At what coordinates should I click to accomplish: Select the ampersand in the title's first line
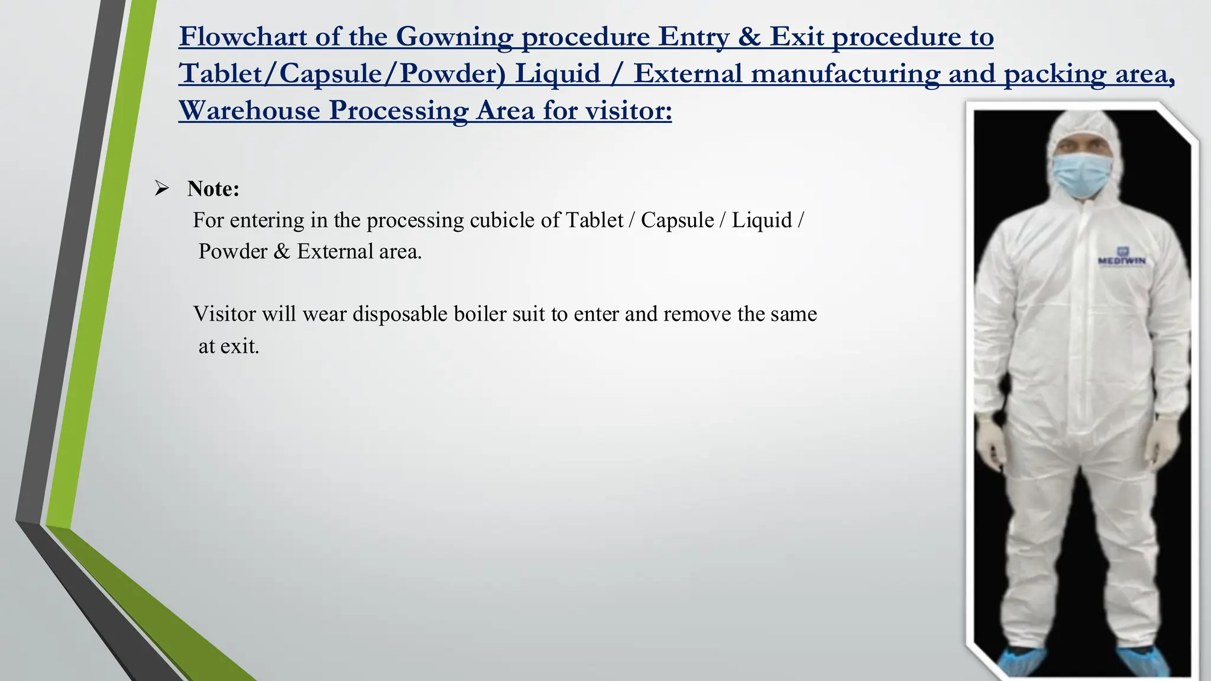[x=749, y=37]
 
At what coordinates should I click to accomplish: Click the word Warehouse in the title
[x=249, y=111]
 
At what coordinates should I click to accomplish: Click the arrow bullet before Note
[x=161, y=189]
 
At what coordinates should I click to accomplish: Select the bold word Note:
[x=213, y=189]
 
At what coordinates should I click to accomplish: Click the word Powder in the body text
[x=233, y=251]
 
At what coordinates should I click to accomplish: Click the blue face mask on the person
[x=1082, y=174]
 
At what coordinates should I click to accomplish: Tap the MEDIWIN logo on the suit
[x=1121, y=258]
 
